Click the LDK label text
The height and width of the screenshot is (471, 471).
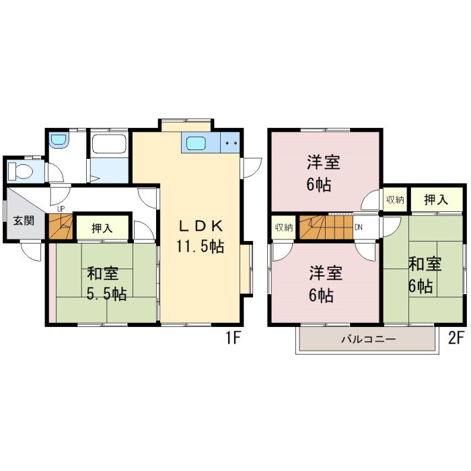click(201, 226)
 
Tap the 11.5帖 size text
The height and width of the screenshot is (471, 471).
click(200, 247)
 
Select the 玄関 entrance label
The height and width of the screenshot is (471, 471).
click(24, 221)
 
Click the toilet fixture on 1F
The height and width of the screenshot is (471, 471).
click(20, 171)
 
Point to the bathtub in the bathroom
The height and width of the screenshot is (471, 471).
click(109, 144)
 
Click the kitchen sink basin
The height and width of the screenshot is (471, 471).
click(196, 143)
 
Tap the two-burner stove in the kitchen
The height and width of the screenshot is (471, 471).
click(231, 143)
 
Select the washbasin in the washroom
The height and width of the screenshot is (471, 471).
click(59, 140)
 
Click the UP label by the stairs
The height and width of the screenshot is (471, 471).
click(61, 209)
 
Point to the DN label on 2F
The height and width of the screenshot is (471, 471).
click(359, 227)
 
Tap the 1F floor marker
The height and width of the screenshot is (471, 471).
click(233, 338)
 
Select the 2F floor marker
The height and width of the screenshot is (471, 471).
click(456, 338)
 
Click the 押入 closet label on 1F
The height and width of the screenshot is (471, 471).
click(102, 228)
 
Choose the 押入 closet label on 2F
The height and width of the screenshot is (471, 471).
click(436, 199)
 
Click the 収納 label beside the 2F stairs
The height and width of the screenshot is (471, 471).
click(284, 227)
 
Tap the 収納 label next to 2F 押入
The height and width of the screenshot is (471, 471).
click(395, 199)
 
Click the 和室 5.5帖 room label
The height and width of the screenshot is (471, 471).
click(106, 283)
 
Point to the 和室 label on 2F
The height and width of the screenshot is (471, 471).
click(425, 264)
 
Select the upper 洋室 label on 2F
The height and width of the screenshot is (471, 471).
click(323, 163)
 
